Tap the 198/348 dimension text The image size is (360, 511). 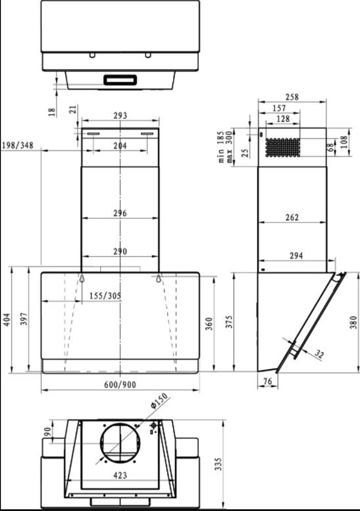[x=17, y=146]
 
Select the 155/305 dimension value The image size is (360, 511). [x=106, y=295]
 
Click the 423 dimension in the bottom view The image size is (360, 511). [x=120, y=475]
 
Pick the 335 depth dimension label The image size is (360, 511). [x=219, y=463]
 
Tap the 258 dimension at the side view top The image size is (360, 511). [x=292, y=97]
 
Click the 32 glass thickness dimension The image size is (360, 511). [x=319, y=354]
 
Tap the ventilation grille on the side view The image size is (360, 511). [x=281, y=147]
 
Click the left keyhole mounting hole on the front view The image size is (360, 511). [x=82, y=278]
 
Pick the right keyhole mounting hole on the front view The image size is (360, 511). [x=158, y=278]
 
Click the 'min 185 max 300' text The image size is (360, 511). [x=225, y=146]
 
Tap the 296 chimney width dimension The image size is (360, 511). [x=120, y=213]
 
